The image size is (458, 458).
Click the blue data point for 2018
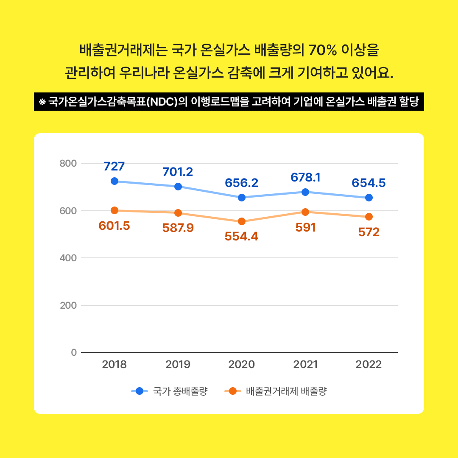pos(114,181)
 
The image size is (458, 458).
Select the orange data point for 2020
pos(242,221)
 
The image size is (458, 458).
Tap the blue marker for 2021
pos(305,192)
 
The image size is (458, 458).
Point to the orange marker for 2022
pos(369,217)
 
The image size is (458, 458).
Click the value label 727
pos(114,166)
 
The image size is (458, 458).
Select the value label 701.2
pos(178,171)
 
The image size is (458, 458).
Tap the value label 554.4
pos(241,237)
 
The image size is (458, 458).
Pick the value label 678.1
pos(305,177)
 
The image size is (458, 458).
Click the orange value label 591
pos(305,228)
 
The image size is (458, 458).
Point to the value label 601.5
pos(114,226)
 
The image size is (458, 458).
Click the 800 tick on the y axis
pos(68,163)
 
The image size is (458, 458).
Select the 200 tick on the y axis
pos(68,305)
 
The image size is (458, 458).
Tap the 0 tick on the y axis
pos(74,352)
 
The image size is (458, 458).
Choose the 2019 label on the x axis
pos(178,365)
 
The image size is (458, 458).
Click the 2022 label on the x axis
pos(369,365)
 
